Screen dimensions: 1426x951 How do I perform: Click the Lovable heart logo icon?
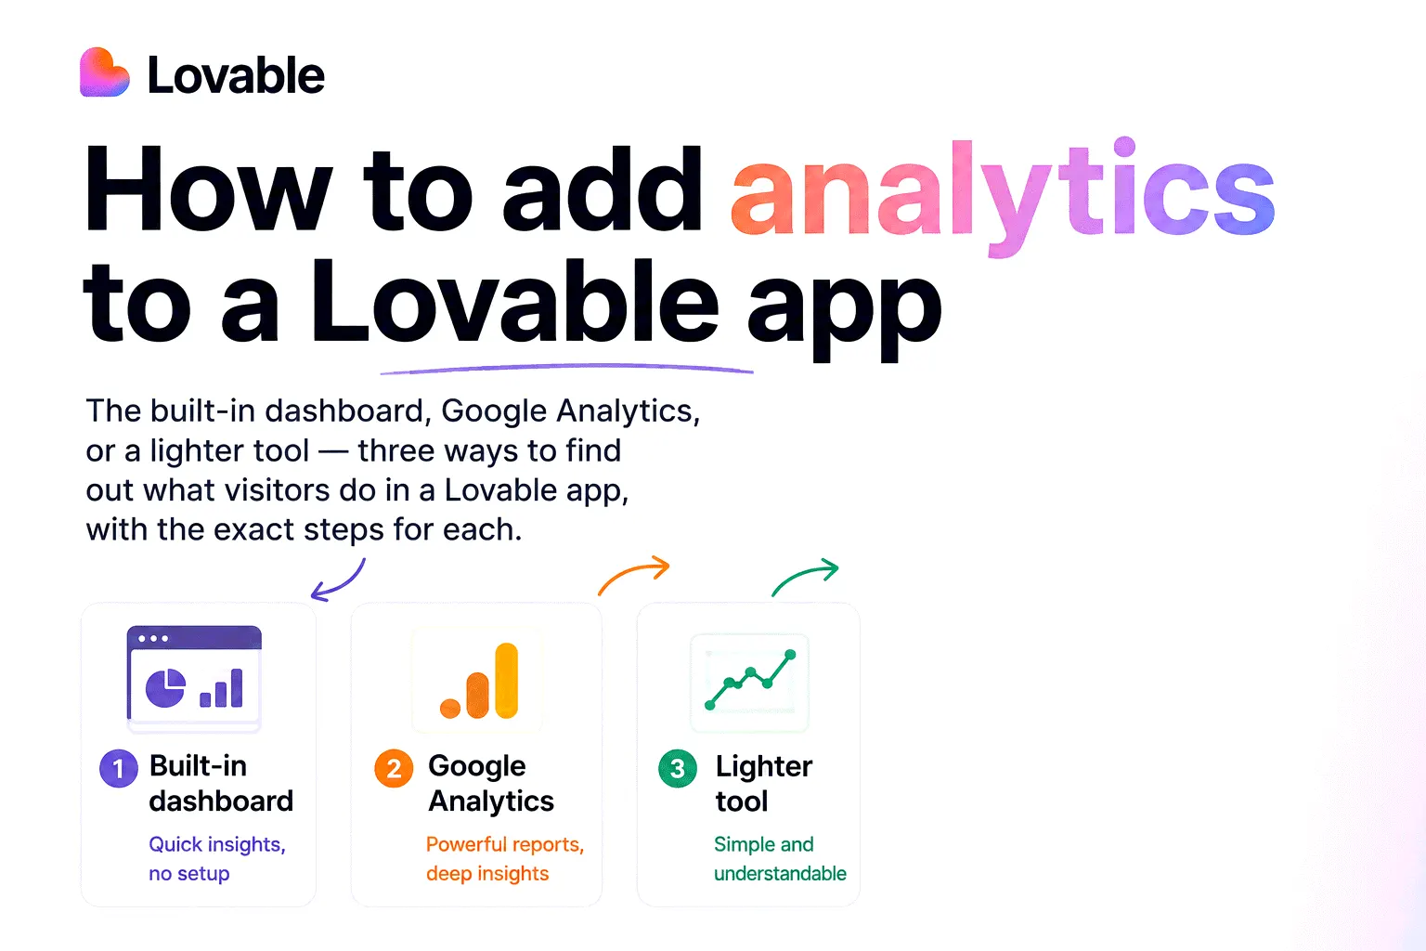click(104, 72)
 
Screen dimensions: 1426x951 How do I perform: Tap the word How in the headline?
click(208, 189)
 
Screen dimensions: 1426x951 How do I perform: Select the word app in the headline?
click(844, 308)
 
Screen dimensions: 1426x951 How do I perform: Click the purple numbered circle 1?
click(119, 768)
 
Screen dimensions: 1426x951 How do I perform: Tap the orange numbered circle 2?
click(394, 768)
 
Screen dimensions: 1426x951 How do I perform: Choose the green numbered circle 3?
click(678, 768)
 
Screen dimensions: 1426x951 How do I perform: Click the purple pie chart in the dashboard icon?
click(165, 688)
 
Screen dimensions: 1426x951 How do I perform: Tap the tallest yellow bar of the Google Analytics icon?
click(507, 681)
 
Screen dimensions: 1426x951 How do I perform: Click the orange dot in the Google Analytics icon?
click(450, 709)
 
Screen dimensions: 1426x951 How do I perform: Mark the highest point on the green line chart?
click(791, 654)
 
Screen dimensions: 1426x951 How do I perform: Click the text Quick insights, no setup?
click(217, 858)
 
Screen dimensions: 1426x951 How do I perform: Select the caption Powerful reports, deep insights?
click(505, 858)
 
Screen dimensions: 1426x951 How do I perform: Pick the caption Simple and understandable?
click(780, 858)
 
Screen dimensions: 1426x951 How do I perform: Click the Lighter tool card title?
click(764, 783)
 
